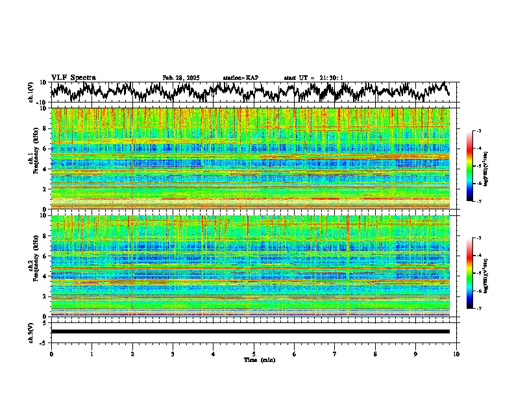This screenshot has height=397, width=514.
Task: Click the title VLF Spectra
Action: (x=73, y=77)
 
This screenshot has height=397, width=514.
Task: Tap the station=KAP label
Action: (x=241, y=78)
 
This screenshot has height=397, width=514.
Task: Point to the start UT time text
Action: (x=313, y=78)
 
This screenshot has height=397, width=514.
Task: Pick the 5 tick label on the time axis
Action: (x=254, y=354)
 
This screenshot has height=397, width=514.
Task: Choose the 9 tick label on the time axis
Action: (x=416, y=354)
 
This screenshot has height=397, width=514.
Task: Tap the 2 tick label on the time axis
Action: (x=132, y=354)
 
